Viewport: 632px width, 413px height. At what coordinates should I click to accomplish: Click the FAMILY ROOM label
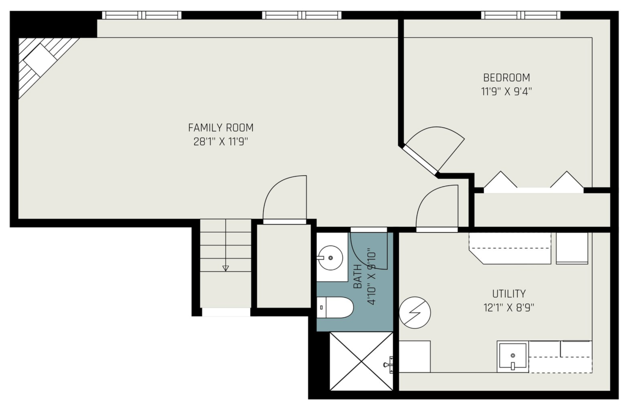coord(221,128)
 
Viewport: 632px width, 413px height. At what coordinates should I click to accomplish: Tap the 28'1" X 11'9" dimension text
coord(221,142)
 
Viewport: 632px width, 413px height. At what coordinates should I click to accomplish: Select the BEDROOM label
coord(507,78)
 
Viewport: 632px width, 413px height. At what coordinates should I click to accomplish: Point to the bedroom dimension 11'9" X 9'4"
coord(507,91)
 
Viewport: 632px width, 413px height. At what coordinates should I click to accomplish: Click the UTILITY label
coord(509,294)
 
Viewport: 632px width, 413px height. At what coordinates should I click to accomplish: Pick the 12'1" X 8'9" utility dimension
coord(509,308)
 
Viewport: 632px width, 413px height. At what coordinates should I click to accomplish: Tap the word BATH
coord(358,277)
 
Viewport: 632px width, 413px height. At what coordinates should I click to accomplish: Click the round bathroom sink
coord(331,258)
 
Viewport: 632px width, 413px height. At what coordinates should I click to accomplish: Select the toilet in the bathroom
coord(335,307)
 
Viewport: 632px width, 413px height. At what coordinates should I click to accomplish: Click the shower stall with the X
coord(361,361)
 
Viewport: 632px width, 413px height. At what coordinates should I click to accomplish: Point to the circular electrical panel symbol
coord(415,313)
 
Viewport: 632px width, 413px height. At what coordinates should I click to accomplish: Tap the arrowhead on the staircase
coord(225,268)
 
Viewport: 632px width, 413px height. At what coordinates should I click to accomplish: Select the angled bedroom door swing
coord(435,151)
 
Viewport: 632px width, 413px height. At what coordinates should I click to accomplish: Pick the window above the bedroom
coord(521,15)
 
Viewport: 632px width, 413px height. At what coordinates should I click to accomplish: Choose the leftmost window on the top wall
coord(142,15)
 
